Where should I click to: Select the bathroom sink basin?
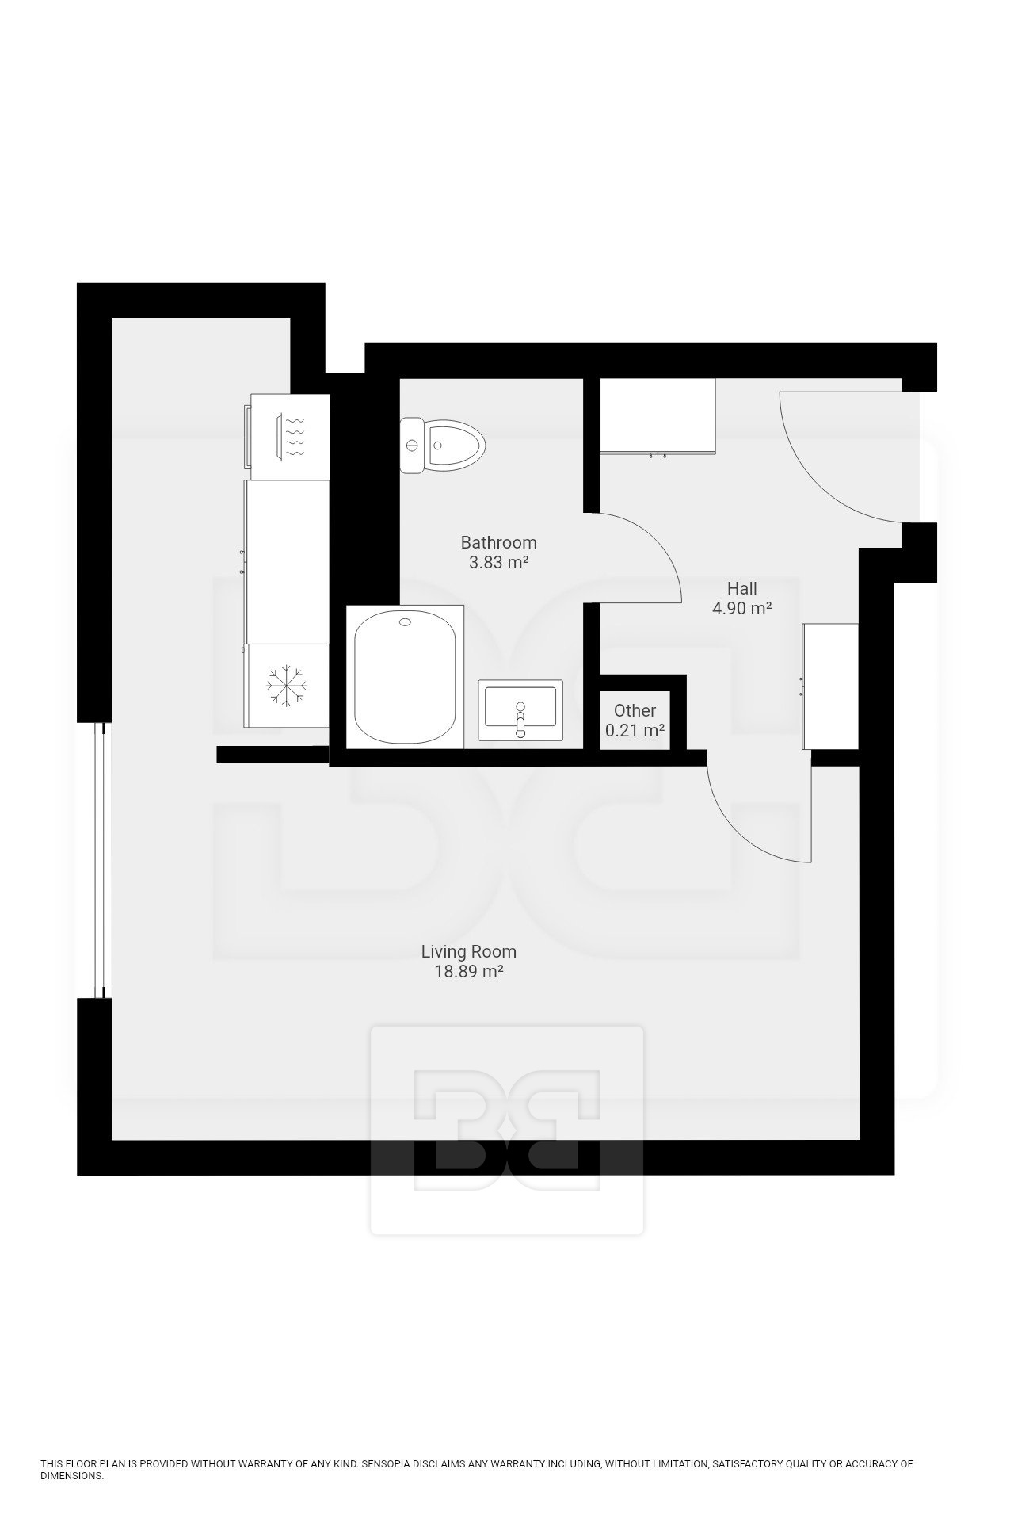click(520, 710)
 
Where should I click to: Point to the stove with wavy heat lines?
click(287, 437)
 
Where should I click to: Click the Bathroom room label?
click(498, 543)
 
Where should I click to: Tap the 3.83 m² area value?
click(498, 564)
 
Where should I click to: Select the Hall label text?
click(742, 588)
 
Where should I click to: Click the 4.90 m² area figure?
click(742, 609)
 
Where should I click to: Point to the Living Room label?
click(469, 951)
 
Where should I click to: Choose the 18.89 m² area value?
click(469, 972)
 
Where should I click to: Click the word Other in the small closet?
click(635, 710)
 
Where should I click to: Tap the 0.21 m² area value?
click(635, 730)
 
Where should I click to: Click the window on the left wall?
click(100, 860)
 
